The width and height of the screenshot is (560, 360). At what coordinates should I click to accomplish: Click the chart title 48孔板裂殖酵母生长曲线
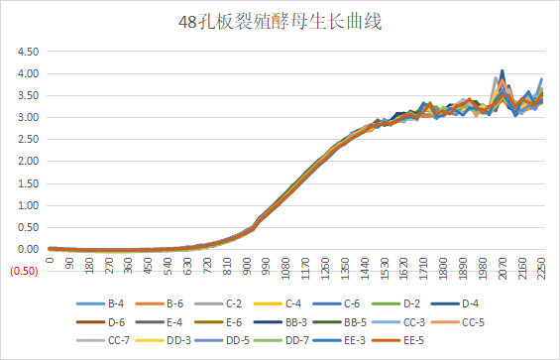click(280, 21)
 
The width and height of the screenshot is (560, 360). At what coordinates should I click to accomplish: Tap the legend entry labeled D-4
click(492, 303)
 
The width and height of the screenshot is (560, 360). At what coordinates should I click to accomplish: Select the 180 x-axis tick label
click(90, 268)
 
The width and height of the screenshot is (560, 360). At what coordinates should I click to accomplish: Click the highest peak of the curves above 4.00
click(503, 70)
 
